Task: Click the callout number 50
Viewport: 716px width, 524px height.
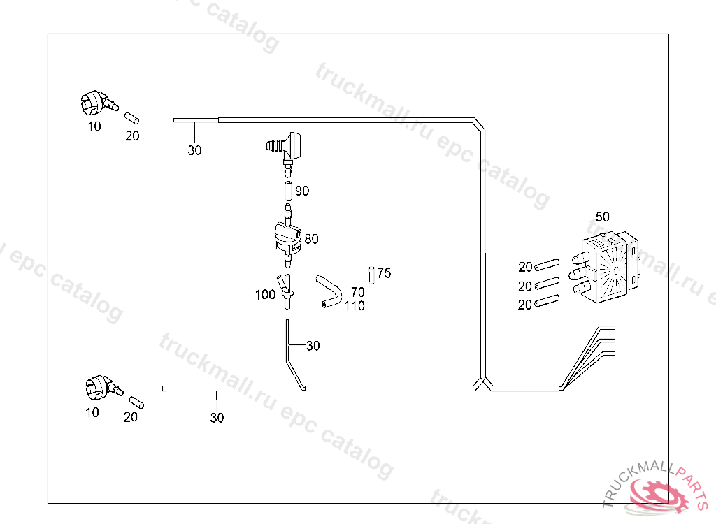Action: pyautogui.click(x=603, y=217)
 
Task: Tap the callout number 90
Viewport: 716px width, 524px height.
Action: pyautogui.click(x=302, y=191)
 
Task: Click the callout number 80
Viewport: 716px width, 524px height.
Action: pyautogui.click(x=311, y=239)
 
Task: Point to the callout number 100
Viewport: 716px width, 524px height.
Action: pyautogui.click(x=265, y=295)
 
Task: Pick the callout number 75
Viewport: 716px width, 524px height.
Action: pyautogui.click(x=384, y=274)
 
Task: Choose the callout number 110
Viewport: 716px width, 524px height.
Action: pyautogui.click(x=355, y=306)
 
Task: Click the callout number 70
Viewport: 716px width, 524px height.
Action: pyautogui.click(x=357, y=292)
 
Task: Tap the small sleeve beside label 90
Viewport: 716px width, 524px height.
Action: pyautogui.click(x=286, y=190)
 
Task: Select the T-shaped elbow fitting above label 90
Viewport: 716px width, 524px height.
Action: pyautogui.click(x=286, y=146)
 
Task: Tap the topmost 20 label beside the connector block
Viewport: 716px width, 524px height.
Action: pyautogui.click(x=526, y=267)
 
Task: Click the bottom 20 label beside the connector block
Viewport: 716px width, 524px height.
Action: pyautogui.click(x=526, y=305)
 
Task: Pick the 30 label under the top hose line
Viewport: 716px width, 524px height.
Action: pyautogui.click(x=194, y=150)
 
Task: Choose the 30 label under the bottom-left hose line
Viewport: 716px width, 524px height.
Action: pyautogui.click(x=217, y=418)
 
